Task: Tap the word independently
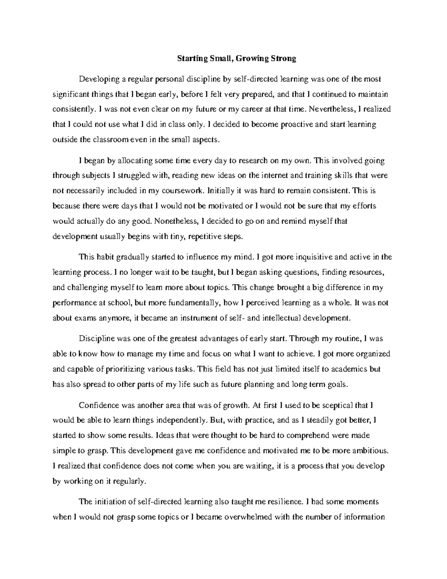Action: [180, 420]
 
